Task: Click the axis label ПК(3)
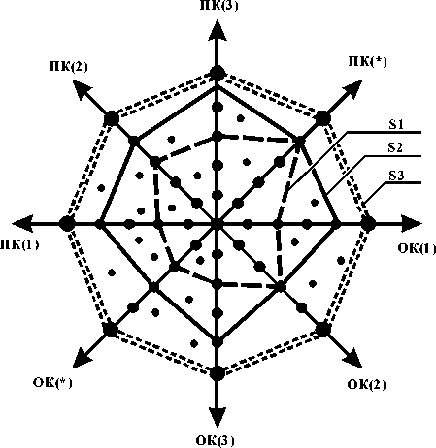point(218,6)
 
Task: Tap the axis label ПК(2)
point(68,66)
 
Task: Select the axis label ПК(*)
point(367,61)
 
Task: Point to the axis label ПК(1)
point(19,244)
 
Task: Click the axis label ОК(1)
point(417,248)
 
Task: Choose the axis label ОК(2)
point(366,384)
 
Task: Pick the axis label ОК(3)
point(215,440)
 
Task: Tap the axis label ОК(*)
point(52,382)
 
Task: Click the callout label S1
point(396,124)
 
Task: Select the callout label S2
point(395,147)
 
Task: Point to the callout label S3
point(396,176)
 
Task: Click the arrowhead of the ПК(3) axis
point(218,30)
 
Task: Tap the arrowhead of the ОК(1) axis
point(412,223)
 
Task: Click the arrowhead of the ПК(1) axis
point(22,223)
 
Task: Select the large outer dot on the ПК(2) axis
point(112,118)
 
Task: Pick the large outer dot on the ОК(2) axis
point(322,330)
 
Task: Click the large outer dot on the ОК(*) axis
point(111,330)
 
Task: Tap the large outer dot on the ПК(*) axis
point(322,118)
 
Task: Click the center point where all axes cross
point(218,223)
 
